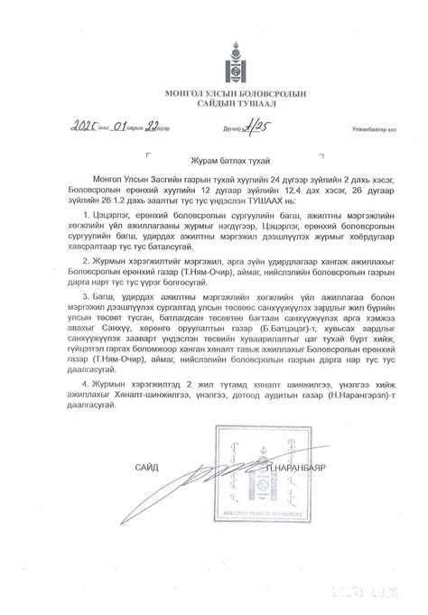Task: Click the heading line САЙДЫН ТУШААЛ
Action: pyautogui.click(x=214, y=104)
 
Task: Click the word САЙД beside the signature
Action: pyautogui.click(x=146, y=467)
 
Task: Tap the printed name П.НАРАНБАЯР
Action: pyautogui.click(x=305, y=467)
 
